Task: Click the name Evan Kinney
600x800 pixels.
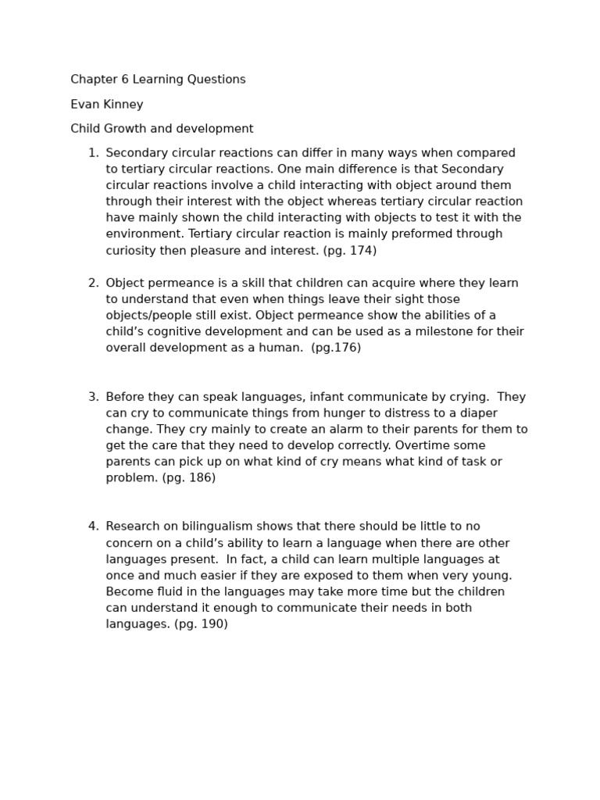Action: click(106, 105)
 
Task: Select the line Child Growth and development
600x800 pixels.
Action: click(162, 129)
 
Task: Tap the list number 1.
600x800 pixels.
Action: click(92, 153)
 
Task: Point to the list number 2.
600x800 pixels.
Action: click(92, 283)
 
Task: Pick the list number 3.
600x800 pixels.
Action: click(92, 397)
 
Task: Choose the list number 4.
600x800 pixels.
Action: click(92, 527)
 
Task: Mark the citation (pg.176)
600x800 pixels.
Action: click(336, 348)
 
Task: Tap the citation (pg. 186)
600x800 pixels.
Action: click(188, 477)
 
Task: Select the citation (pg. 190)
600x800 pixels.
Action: click(201, 624)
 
